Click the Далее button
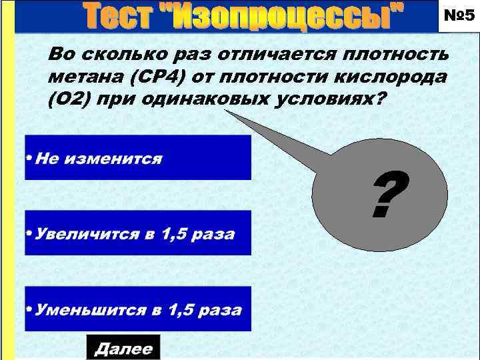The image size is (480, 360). click(123, 347)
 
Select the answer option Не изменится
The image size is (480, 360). click(138, 158)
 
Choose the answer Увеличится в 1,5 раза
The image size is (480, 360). click(138, 233)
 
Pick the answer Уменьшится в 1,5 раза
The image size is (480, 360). click(138, 309)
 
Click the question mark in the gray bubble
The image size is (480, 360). click(389, 195)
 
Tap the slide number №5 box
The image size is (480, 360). click(457, 16)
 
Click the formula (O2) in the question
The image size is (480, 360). click(68, 99)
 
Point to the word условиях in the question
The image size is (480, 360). click(327, 99)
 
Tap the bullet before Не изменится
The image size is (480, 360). click(29, 159)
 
